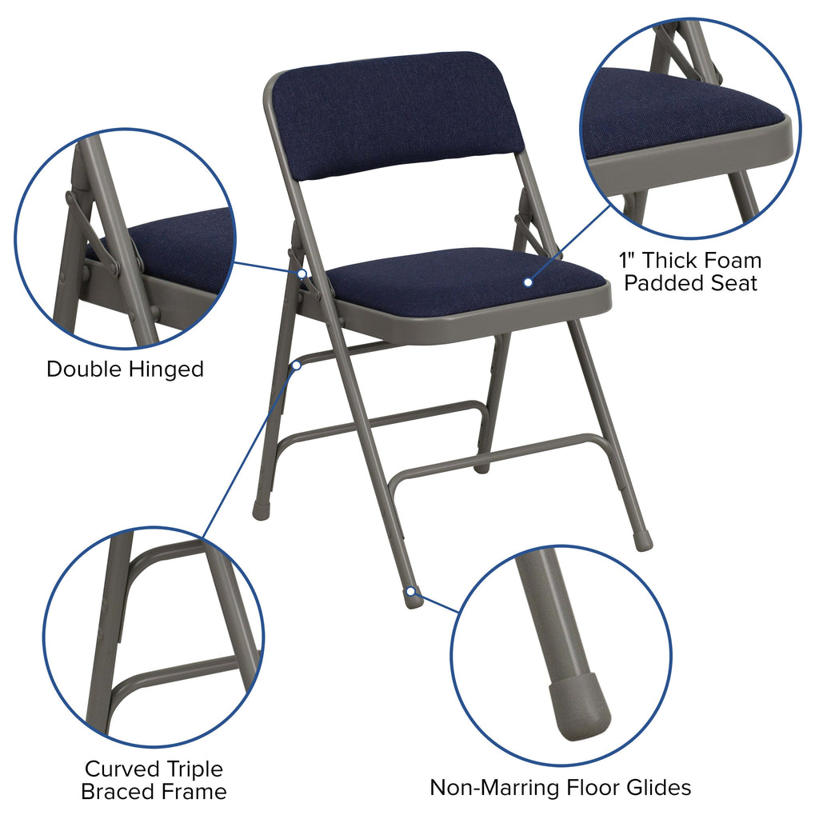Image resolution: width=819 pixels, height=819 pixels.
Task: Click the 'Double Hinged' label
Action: coord(125,370)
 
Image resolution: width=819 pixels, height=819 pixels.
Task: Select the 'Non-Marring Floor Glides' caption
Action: coord(560,787)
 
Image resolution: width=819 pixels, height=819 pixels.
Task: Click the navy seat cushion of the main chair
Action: coord(464,280)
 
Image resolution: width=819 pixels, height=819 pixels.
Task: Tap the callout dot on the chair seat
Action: coord(528,282)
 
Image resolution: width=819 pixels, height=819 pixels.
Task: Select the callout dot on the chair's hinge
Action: coord(302,274)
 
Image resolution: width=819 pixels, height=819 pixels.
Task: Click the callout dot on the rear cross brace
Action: coord(297,365)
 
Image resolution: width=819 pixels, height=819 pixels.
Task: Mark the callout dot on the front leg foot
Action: coord(410,592)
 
